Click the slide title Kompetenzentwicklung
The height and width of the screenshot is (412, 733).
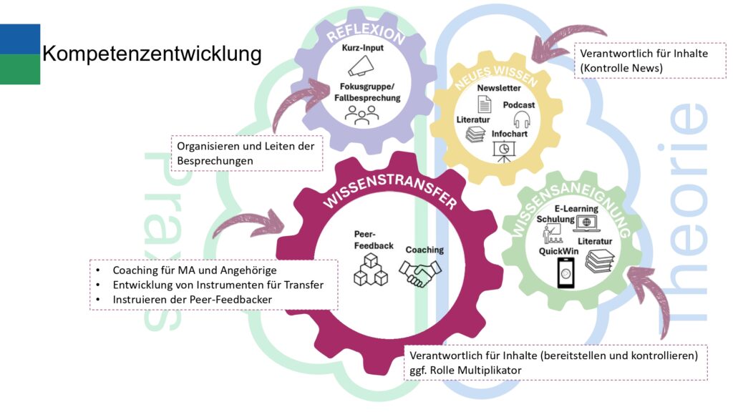click(x=152, y=54)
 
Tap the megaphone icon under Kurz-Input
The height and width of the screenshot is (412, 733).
click(x=361, y=67)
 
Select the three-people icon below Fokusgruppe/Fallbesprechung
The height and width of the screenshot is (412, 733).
click(x=361, y=114)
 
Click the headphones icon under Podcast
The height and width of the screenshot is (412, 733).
click(x=521, y=120)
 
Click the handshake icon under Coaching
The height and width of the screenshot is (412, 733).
click(x=420, y=272)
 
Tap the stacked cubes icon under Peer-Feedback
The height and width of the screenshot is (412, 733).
click(x=371, y=270)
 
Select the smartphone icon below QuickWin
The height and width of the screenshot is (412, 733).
click(x=566, y=273)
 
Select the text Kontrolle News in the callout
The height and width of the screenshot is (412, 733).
click(x=622, y=68)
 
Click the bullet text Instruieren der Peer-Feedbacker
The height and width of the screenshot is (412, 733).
click(x=193, y=299)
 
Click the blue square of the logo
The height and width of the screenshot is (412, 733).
click(x=20, y=39)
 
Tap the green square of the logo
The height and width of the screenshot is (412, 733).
click(x=20, y=69)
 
